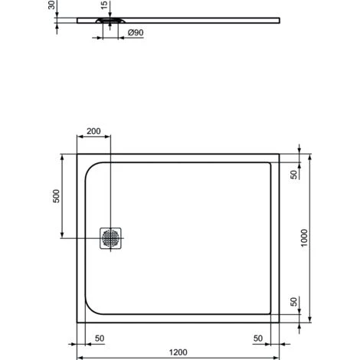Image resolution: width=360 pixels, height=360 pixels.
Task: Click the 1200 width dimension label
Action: [178, 352]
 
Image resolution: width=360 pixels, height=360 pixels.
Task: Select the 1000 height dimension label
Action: [305, 237]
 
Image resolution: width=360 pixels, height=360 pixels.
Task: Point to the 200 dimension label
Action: [93, 131]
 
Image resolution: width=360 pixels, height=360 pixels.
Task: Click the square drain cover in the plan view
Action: [110, 237]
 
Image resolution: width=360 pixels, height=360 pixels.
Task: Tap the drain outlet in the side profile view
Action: [104, 21]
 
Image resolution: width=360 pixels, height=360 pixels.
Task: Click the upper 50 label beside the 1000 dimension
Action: [293, 173]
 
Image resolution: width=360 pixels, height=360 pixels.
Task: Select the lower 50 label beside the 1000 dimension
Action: [293, 300]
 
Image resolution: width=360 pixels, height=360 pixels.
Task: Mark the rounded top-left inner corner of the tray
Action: [92, 168]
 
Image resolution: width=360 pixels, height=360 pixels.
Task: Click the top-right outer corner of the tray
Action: [278, 152]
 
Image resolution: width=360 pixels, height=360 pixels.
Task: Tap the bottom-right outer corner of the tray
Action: [278, 322]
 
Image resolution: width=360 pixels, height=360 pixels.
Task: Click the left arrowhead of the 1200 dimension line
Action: [80, 357]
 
